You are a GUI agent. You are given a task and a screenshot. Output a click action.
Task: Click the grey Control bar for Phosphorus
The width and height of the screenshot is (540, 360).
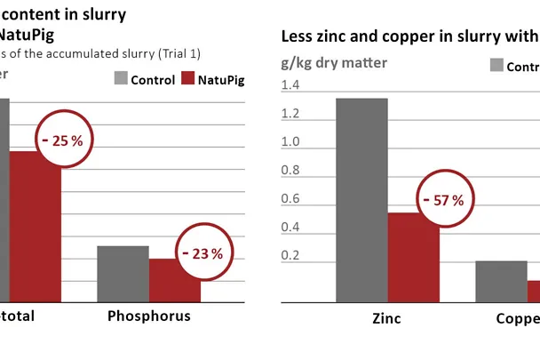123,274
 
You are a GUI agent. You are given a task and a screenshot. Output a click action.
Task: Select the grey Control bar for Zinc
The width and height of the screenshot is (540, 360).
361,200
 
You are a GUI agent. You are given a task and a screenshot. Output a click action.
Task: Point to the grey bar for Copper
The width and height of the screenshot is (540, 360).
501,282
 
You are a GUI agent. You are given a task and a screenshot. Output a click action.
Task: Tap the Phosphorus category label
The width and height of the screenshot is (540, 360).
148,316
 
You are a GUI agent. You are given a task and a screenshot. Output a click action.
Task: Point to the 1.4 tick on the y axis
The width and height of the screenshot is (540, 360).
290,85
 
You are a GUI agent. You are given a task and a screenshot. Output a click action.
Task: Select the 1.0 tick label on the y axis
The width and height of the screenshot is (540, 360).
290,142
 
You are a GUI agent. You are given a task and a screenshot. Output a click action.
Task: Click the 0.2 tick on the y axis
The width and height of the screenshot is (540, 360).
290,256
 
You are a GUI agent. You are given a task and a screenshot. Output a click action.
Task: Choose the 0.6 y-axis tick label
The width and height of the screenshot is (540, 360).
290,199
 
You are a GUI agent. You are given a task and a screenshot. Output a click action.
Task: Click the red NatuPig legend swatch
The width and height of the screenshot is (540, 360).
187,79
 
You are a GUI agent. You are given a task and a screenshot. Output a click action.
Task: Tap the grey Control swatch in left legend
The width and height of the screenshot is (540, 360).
121,79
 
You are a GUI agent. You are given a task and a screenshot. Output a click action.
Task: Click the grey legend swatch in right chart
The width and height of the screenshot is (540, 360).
496,66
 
